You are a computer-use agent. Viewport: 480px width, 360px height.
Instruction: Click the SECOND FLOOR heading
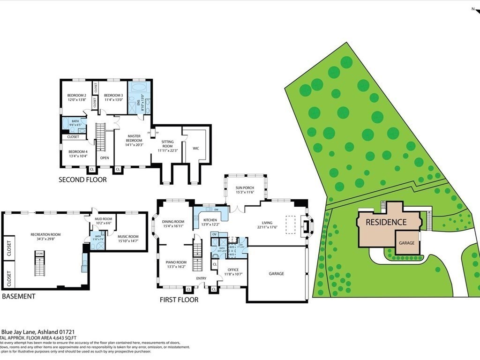click(82, 180)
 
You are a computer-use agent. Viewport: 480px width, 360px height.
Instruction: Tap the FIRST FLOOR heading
click(179, 300)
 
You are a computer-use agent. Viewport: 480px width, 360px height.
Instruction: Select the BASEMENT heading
click(19, 296)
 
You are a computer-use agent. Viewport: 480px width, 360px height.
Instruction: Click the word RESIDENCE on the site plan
click(386, 222)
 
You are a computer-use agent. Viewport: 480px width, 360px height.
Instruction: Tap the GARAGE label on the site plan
click(406, 243)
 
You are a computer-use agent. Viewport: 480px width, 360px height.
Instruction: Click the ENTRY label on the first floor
click(201, 278)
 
